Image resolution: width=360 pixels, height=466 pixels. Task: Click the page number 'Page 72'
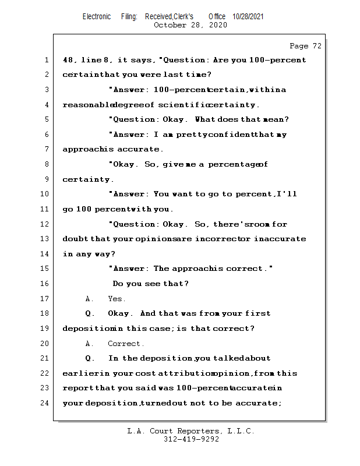coord(305,46)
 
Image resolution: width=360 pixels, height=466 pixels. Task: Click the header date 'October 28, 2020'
coord(190,25)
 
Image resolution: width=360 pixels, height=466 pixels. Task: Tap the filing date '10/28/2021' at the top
coord(248,16)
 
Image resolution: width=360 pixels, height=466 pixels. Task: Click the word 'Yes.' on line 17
coord(117,299)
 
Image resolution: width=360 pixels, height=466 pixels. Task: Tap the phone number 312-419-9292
coord(191,439)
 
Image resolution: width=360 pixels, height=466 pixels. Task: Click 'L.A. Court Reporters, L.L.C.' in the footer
coord(191,431)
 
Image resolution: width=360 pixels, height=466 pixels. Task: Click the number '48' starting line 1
coord(68,60)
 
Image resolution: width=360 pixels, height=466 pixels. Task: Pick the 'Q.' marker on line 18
coord(90,313)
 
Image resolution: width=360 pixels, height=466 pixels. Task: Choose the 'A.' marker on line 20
coord(90,344)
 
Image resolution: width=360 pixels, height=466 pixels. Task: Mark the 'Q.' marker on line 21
coord(90,358)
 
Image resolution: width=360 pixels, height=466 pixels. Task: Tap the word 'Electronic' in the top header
coord(97,16)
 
